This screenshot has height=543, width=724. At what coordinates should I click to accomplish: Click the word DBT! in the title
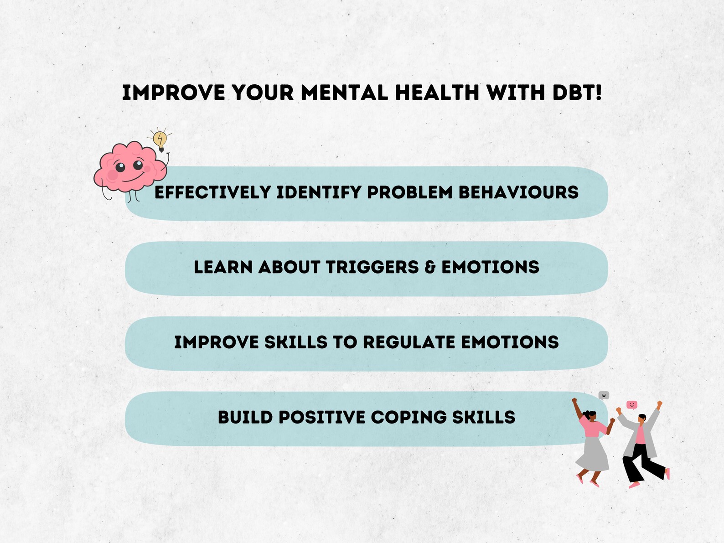click(577, 93)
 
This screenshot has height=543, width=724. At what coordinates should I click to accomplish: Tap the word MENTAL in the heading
click(344, 93)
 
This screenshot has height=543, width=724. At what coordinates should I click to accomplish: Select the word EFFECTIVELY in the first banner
click(213, 192)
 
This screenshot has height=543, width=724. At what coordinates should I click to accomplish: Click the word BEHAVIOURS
click(518, 192)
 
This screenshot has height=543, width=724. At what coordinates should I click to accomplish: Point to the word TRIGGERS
click(372, 267)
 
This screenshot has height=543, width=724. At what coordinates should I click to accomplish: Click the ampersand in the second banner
click(430, 267)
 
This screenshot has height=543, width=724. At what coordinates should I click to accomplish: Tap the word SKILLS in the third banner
click(296, 342)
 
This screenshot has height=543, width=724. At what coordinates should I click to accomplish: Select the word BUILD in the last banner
click(245, 417)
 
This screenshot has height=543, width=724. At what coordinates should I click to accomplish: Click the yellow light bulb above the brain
click(160, 139)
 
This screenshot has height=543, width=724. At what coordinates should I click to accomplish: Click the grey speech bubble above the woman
click(604, 395)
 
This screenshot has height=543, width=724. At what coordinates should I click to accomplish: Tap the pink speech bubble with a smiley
click(631, 404)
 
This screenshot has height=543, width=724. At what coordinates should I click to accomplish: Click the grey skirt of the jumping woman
click(592, 454)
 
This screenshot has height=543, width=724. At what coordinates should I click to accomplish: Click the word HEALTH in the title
click(437, 93)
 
